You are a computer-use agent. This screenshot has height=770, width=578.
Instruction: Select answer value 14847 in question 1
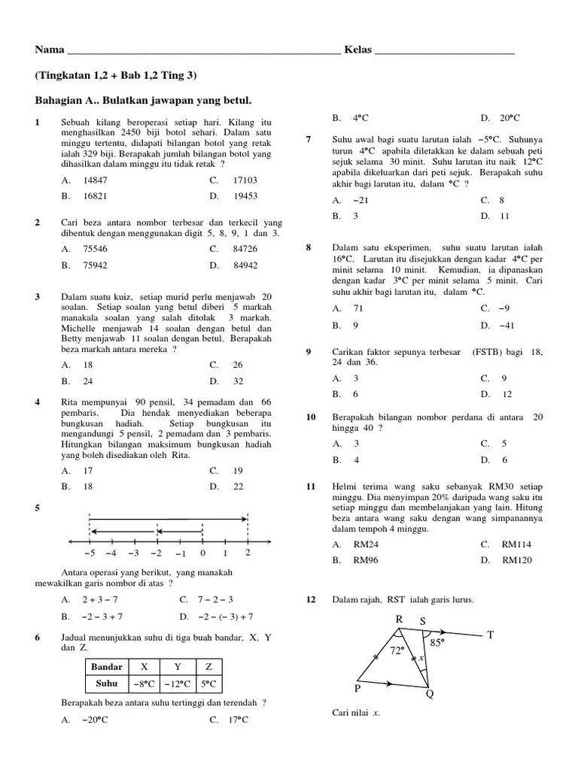coord(96,180)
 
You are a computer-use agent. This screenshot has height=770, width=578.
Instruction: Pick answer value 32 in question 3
coord(239,381)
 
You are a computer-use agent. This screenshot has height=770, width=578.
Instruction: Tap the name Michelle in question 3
coord(81,329)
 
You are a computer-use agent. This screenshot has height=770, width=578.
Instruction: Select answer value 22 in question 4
coord(239,487)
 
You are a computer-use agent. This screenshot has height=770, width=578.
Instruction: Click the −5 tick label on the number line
coord(89,554)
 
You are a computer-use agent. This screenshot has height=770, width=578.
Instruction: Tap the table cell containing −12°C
coord(177,684)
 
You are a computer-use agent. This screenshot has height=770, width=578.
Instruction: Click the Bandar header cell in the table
coord(106,667)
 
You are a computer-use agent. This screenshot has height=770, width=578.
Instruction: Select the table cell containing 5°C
coord(208,684)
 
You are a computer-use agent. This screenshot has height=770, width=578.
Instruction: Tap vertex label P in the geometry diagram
coord(358,688)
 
